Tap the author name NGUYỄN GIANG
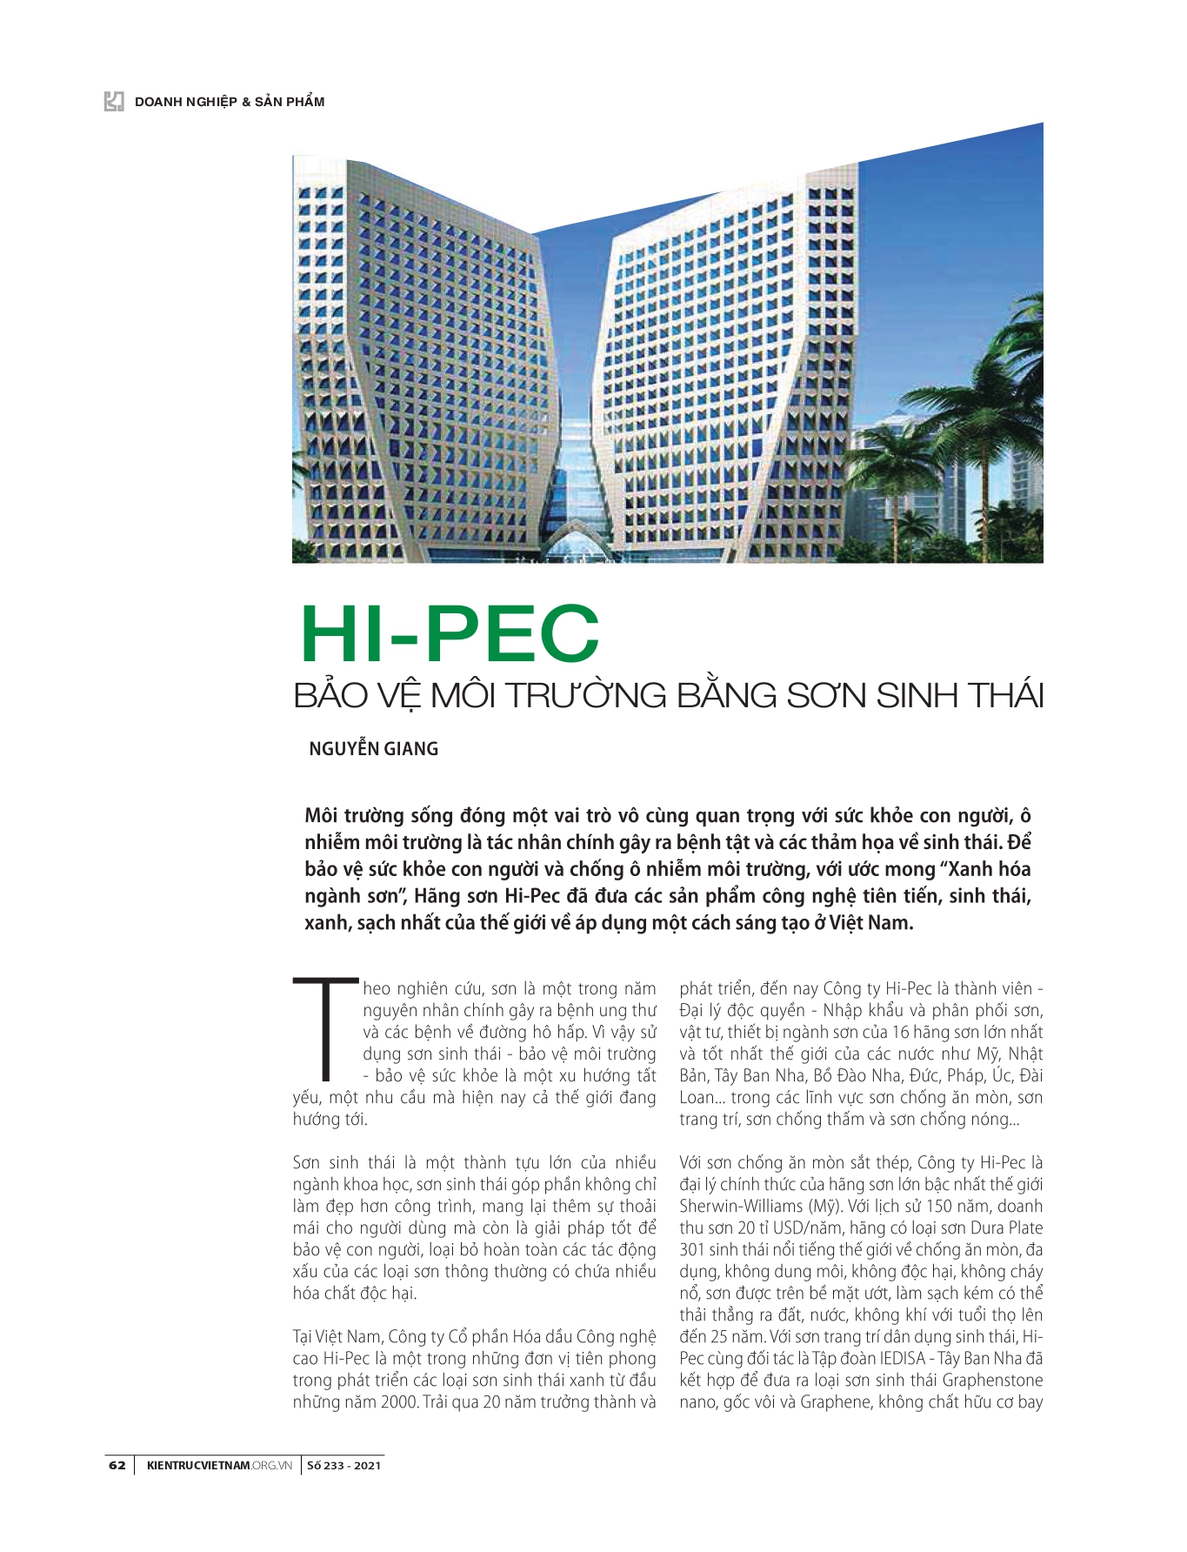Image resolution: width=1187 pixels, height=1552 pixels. pos(373,749)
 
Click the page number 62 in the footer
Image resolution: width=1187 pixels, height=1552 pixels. pos(117,1465)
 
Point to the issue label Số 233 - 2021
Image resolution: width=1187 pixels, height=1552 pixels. pos(343,1465)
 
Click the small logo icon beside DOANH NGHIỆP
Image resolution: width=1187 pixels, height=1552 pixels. pos(114,102)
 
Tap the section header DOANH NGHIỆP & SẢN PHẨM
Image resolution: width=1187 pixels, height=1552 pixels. pos(230,102)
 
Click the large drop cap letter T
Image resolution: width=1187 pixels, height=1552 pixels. pos(325,1030)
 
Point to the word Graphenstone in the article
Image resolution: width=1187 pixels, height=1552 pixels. pos(992,1381)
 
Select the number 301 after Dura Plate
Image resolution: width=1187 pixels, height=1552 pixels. pos(694,1250)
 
